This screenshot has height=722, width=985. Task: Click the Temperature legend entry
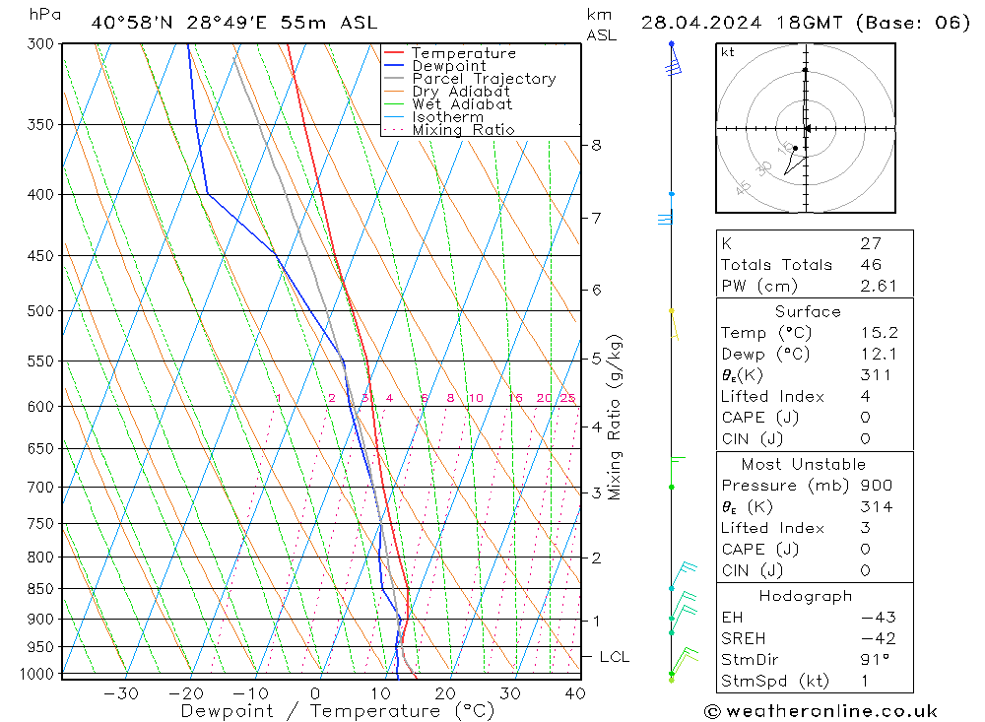point(463,53)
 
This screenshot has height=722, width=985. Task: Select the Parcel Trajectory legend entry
point(484,79)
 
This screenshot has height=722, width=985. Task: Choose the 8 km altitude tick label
point(596,145)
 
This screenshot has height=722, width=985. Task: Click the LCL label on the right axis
point(614,657)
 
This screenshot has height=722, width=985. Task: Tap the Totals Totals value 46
point(870,264)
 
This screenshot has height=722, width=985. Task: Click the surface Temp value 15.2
point(877,333)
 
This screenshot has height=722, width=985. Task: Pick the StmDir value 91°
point(873,659)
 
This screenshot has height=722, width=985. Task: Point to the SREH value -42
point(877,638)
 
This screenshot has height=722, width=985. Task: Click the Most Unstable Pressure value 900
point(876,486)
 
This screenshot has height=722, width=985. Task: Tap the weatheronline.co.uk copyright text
point(821,711)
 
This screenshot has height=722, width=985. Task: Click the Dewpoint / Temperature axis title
point(337,711)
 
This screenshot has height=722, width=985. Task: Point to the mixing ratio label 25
point(567,398)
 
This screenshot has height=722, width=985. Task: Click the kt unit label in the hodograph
point(728,52)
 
